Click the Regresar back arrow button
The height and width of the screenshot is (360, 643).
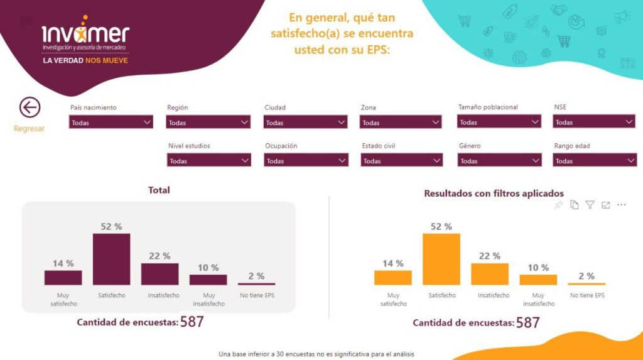pyautogui.click(x=30, y=107)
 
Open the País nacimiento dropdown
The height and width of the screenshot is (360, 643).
pyautogui.click(x=111, y=123)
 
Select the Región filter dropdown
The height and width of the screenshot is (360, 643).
pyautogui.click(x=208, y=123)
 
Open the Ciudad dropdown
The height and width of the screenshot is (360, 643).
pyautogui.click(x=305, y=123)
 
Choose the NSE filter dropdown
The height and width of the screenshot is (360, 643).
pyautogui.click(x=594, y=123)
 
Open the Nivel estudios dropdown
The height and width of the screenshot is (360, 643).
pyautogui.click(x=208, y=161)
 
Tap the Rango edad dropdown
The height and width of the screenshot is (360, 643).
pyautogui.click(x=594, y=161)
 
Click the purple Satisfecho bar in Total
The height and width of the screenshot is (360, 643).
pyautogui.click(x=111, y=259)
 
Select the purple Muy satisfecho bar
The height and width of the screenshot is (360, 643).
pyautogui.click(x=63, y=278)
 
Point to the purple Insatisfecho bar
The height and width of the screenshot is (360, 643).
pyautogui.click(x=159, y=274)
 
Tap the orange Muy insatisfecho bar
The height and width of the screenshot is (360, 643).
pyautogui.click(x=538, y=280)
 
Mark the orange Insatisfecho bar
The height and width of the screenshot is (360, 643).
pyautogui.click(x=490, y=274)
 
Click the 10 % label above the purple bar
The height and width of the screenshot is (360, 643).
pyautogui.click(x=208, y=268)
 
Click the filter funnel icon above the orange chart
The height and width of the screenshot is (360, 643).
pyautogui.click(x=590, y=205)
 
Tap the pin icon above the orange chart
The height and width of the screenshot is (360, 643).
pyautogui.click(x=558, y=205)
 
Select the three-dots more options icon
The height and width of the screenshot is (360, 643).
pyautogui.click(x=622, y=205)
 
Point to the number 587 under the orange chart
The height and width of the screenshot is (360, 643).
pyautogui.click(x=527, y=322)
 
